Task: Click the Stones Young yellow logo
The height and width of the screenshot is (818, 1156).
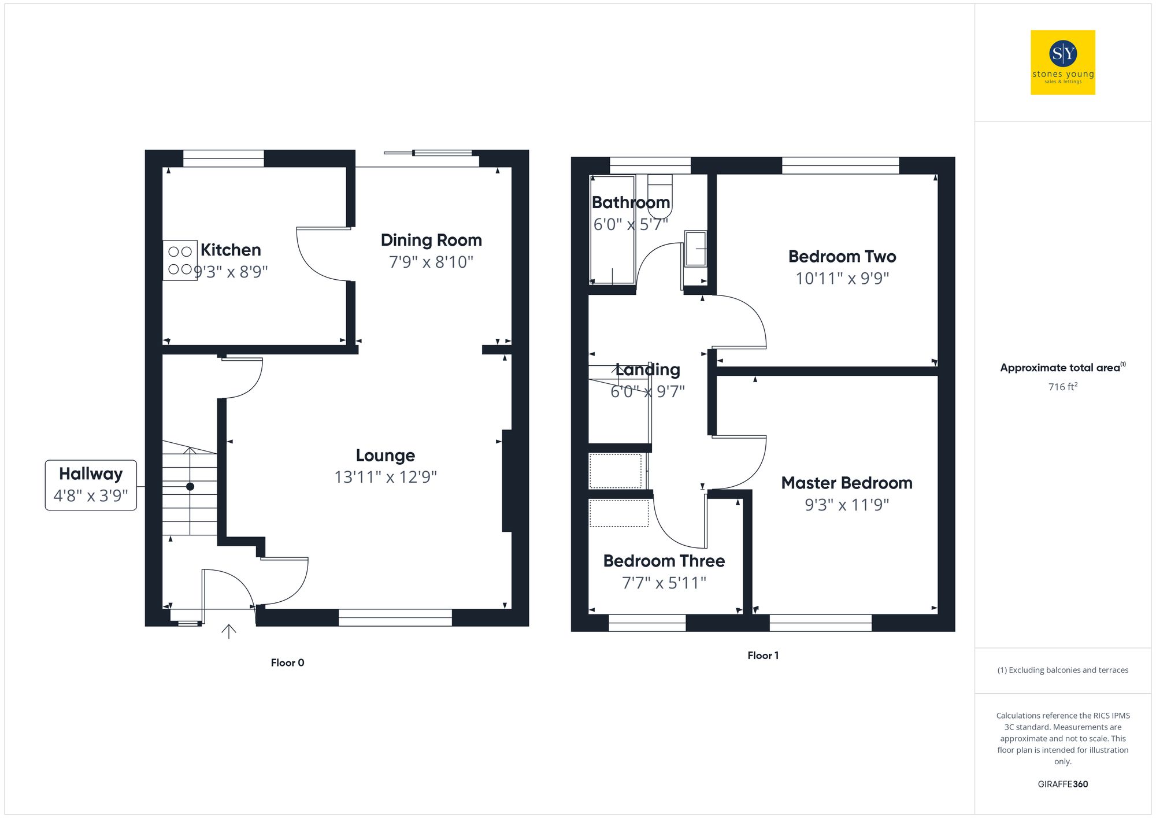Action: point(1062,62)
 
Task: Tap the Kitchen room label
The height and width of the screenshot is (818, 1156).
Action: point(231,250)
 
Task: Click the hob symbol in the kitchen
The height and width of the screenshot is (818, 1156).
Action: point(180,260)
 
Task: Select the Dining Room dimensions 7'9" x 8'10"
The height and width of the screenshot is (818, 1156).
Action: point(431,262)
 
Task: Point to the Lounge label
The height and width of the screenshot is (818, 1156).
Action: point(385,456)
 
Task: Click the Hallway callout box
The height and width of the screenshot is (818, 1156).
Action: point(91,485)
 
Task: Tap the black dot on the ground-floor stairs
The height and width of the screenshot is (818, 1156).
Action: point(190,487)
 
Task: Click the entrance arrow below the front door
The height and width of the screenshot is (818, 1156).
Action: point(229,631)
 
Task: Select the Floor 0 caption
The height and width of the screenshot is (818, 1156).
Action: point(287,662)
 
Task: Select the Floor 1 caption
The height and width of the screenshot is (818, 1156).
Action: point(763,655)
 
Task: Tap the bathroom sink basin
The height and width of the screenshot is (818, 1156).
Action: point(695,249)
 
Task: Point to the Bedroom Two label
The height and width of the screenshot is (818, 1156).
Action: point(842,257)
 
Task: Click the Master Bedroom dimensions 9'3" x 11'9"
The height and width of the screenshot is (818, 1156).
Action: point(847,505)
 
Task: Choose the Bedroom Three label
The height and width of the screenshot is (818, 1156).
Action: point(664,561)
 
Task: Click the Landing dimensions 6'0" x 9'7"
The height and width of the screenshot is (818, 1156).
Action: point(647,391)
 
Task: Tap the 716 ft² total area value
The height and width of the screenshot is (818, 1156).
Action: point(1062,387)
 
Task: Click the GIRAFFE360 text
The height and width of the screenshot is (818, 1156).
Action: point(1062,784)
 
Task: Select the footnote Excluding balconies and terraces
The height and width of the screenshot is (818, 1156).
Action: point(1062,670)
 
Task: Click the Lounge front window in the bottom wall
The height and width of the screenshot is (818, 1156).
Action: point(395,617)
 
